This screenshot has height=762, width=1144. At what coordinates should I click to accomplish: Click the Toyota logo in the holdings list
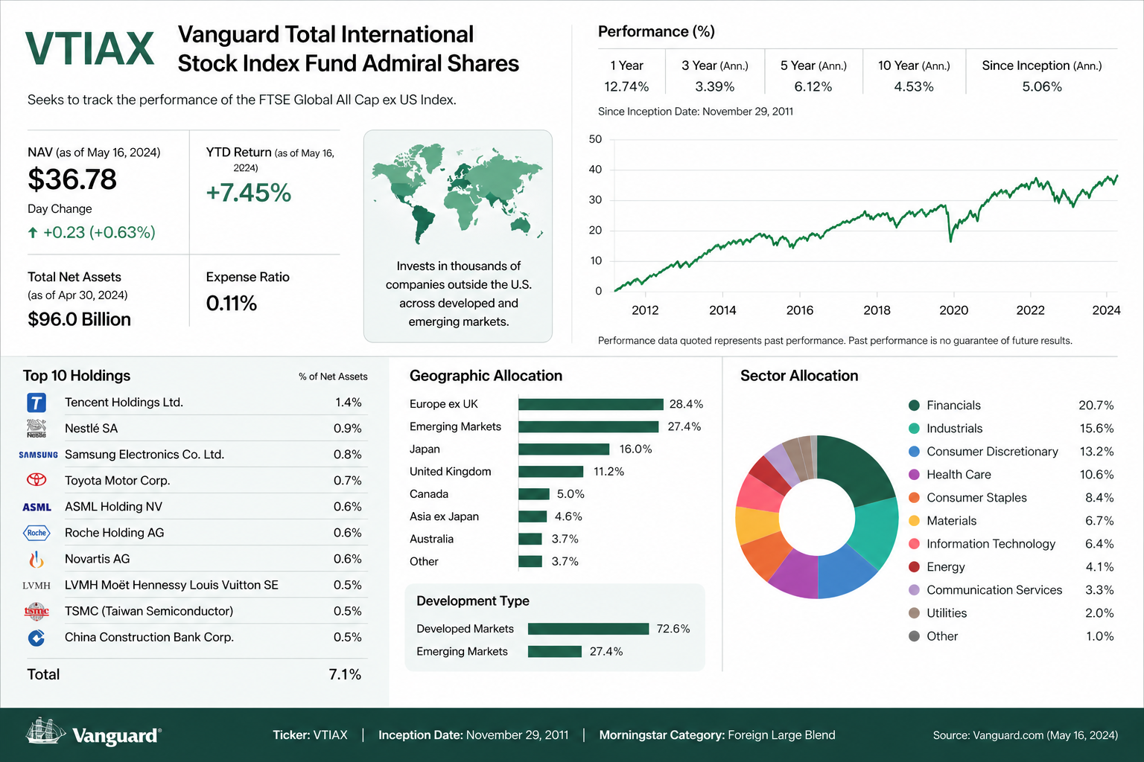36,480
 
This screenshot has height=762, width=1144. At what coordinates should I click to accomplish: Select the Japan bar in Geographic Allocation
564,449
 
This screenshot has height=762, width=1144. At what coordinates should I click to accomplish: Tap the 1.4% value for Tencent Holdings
349,402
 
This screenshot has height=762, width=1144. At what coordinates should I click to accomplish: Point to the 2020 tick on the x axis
953,310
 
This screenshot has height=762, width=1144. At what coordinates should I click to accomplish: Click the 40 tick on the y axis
596,170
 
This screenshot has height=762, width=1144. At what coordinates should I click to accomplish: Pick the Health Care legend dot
914,475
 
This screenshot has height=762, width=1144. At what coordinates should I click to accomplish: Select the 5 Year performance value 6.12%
813,87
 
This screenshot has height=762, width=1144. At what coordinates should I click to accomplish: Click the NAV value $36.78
72,179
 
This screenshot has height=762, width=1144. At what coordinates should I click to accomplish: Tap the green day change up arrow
33,233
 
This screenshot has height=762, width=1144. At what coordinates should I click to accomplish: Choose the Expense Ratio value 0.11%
232,303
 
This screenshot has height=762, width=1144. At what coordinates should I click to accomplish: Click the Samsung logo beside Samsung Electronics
38,455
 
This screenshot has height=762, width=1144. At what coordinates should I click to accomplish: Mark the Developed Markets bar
588,629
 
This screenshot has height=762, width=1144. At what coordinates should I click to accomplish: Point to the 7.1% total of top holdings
345,674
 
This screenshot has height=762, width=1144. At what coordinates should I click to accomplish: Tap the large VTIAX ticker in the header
89,49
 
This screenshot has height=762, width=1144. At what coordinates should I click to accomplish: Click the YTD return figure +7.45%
248,193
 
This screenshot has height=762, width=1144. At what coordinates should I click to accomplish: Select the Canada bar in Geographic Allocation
534,494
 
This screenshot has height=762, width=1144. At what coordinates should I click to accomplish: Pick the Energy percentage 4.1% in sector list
1099,567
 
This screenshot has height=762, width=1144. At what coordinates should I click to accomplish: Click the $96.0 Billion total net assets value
79,319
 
